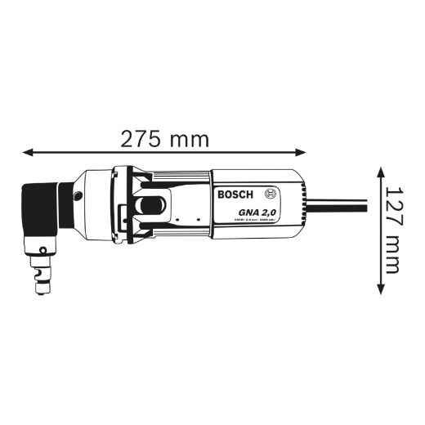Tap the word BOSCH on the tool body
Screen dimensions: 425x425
click(235, 195)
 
